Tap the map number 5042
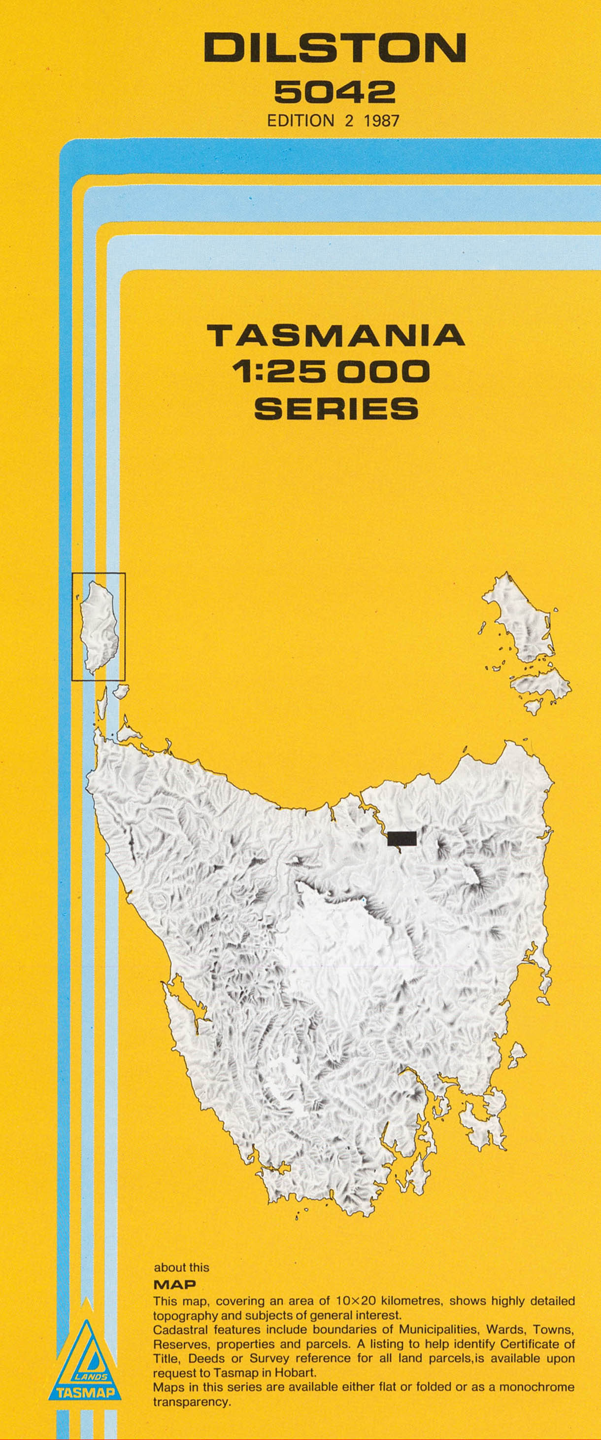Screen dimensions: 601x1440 click(334, 92)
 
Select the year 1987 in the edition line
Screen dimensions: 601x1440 click(381, 120)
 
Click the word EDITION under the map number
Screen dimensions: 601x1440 click(300, 120)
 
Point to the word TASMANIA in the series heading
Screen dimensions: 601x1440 click(335, 335)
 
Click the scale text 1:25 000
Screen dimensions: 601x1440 click(334, 371)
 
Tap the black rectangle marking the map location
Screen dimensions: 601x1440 click(401, 838)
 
